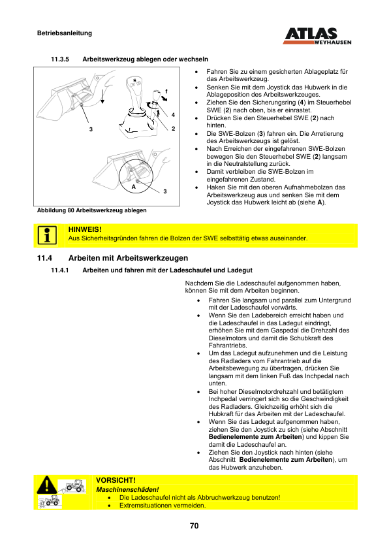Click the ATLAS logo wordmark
311,34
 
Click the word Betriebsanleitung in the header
65,33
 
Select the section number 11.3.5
60,59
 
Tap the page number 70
194,526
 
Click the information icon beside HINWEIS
47,235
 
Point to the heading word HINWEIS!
85,229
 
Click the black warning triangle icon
46,485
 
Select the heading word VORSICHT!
116,480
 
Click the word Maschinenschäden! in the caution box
127,490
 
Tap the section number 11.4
44,258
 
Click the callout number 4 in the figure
173,115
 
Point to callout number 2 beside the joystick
173,129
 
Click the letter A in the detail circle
134,187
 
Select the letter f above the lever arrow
166,91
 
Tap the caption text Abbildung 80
55,210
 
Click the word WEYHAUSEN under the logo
333,42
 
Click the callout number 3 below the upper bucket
91,129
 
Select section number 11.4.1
60,270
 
